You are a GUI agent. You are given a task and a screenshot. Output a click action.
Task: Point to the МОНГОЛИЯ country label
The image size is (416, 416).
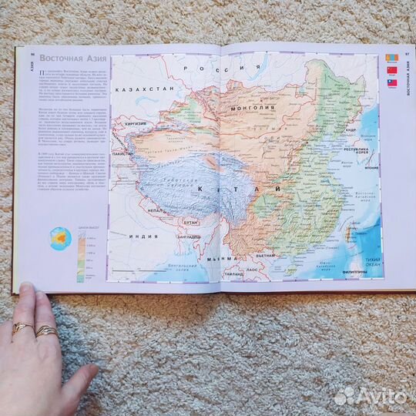tap(254, 109)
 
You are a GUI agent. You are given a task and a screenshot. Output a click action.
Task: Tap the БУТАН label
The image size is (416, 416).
tap(191, 221)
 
